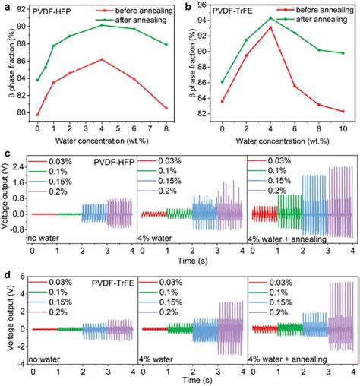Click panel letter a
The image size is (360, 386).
coord(5,5)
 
